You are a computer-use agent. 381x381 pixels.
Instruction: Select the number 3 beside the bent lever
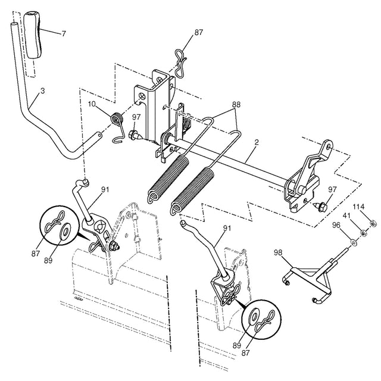[x=42, y=92]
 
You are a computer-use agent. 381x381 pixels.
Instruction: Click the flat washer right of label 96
[x=353, y=241]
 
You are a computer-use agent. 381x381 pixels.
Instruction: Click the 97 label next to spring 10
[x=136, y=117]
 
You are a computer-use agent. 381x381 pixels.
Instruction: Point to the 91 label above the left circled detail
[x=105, y=190]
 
